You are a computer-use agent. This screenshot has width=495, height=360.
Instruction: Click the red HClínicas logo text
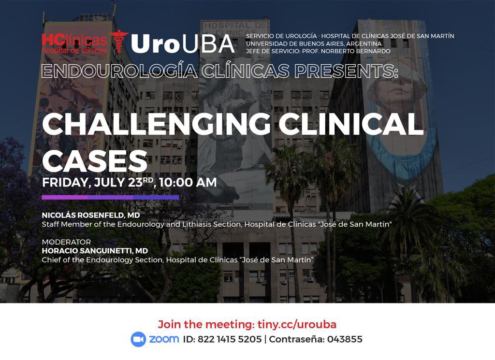74,40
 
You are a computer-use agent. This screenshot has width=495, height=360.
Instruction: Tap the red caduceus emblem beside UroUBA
119,42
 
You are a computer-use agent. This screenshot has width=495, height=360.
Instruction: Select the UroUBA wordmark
183,44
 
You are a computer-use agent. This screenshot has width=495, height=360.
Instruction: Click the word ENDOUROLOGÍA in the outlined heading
118,71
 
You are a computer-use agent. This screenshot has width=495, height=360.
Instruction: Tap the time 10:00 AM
188,183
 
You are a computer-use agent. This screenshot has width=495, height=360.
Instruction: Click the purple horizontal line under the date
110,197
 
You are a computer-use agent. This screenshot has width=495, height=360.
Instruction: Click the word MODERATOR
66,242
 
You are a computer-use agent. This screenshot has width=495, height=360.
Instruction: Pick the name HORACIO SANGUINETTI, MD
95,251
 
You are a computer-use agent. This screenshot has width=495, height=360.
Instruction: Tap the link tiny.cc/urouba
296,324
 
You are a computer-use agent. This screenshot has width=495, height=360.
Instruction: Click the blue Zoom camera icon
138,339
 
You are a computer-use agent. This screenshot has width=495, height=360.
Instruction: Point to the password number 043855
345,339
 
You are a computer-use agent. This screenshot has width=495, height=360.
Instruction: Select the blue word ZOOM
164,339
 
